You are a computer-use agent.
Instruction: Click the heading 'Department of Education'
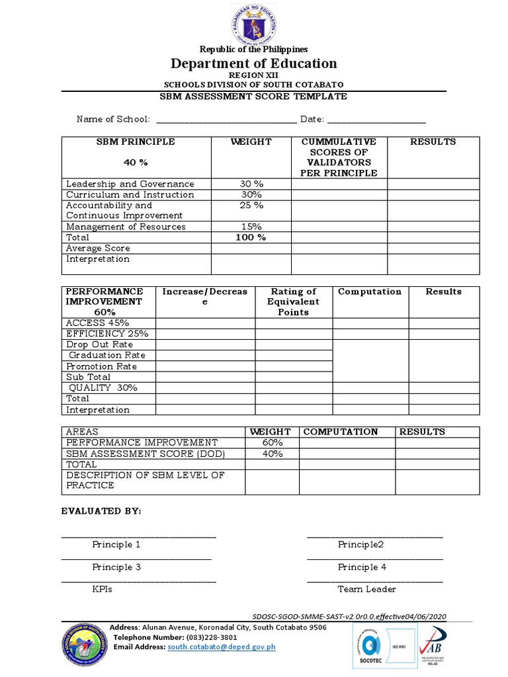pos(253,63)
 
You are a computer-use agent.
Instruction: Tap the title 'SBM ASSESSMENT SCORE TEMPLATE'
pos(253,97)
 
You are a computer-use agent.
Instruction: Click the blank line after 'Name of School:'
pos(226,120)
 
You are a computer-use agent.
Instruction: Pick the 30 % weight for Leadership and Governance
pos(251,184)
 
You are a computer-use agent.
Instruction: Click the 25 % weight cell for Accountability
pos(251,206)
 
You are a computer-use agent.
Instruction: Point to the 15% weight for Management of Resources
pos(251,227)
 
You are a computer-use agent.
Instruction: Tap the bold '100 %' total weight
pos(251,237)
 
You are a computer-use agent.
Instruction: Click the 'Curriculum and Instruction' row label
pos(130,195)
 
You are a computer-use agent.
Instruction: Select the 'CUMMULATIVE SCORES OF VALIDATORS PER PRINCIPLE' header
pos(339,157)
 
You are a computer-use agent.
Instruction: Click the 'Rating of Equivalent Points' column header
pos(293,301)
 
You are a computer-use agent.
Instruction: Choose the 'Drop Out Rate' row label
pos(99,344)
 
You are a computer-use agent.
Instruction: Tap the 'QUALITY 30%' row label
pos(103,388)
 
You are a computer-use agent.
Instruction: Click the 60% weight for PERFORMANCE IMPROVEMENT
pos(272,442)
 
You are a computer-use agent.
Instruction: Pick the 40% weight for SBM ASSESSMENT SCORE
pos(272,454)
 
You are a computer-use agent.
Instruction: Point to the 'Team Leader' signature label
pos(366,589)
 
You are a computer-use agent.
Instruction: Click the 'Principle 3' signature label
pos(116,567)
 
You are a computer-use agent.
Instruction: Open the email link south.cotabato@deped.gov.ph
pos(221,647)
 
